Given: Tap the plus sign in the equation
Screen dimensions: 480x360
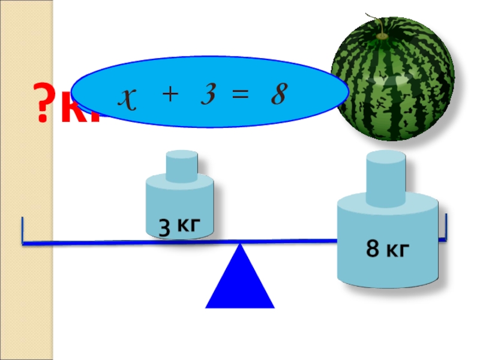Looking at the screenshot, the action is [x=170, y=95].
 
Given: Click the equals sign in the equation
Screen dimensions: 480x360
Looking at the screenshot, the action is [x=241, y=95].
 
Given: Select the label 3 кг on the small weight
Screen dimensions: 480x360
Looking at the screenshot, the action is [x=178, y=227].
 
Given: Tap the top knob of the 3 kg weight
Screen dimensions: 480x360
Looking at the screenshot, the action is [x=181, y=166].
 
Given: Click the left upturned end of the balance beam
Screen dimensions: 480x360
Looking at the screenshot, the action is [x=23, y=231].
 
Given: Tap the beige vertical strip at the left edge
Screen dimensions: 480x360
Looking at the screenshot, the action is [x=27, y=180].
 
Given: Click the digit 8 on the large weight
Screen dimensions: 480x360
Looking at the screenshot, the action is [x=372, y=249].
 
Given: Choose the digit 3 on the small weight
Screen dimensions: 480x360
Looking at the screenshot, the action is [x=163, y=227].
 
